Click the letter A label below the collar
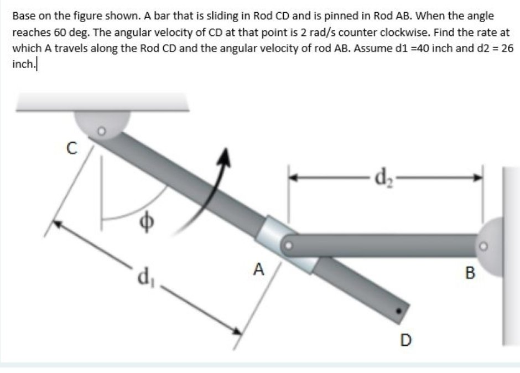tap(258, 270)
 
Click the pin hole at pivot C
tap(101, 132)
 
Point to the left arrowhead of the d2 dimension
tap(292, 178)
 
